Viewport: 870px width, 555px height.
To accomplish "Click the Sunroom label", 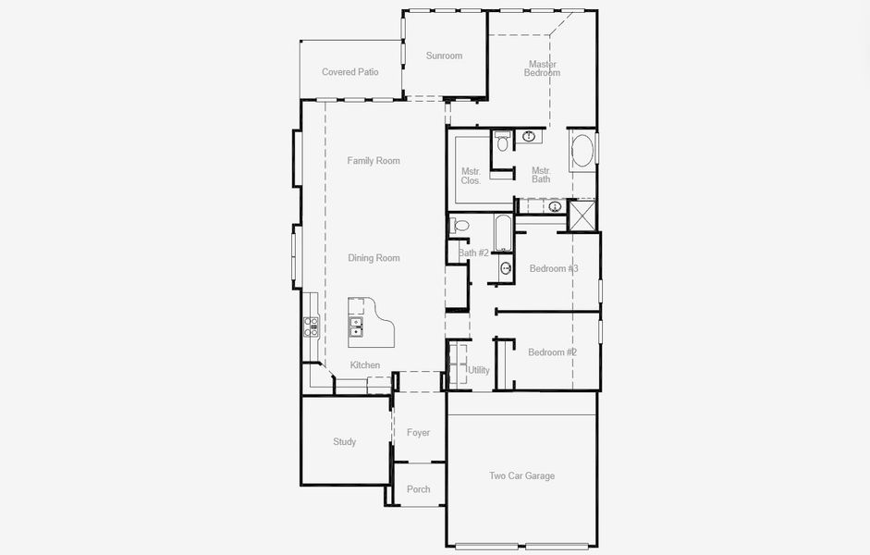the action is point(444,55).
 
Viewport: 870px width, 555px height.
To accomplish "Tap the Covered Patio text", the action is point(350,71).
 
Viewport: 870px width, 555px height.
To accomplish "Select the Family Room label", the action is point(374,160).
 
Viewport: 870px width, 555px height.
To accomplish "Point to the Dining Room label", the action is point(374,257).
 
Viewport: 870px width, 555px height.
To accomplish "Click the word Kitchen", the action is point(365,364).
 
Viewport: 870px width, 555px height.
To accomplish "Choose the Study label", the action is point(345,442).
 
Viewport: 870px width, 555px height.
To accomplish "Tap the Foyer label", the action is point(418,432).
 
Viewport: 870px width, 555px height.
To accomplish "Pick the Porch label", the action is point(418,489).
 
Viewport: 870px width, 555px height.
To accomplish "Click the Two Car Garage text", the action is point(521,475).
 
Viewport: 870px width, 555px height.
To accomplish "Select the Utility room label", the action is point(479,370).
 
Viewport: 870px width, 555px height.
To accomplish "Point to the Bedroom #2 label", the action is point(553,351).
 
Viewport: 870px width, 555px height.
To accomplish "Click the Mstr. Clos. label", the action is point(472,176).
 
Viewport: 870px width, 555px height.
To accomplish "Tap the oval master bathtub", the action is point(582,150).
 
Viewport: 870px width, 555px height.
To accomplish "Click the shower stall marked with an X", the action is point(582,215).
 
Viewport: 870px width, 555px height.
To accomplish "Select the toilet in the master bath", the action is point(503,142).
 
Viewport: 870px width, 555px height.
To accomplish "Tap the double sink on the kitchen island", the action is point(356,327).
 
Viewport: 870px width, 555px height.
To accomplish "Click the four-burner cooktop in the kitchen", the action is point(311,327).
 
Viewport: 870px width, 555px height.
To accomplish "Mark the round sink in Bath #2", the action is point(506,268).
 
